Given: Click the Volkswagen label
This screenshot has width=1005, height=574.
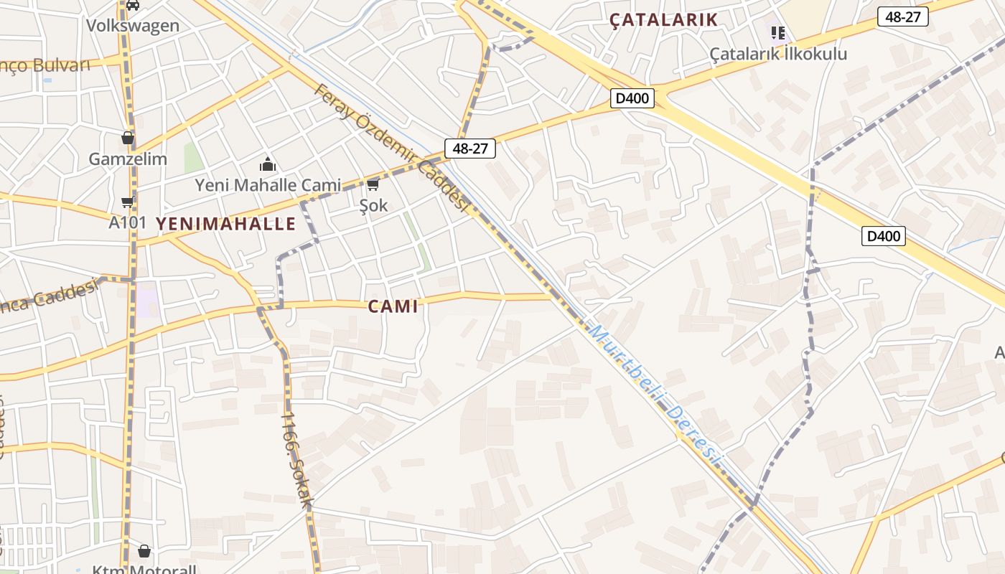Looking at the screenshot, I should (133, 26).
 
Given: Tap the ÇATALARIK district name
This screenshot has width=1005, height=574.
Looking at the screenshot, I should (663, 20).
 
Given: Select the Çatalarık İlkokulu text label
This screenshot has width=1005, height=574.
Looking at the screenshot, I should (778, 54).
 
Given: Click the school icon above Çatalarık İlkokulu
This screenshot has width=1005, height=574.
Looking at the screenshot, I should (778, 32).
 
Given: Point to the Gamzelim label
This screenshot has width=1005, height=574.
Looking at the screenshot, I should (128, 159).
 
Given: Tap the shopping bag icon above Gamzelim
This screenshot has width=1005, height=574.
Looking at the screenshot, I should (128, 138).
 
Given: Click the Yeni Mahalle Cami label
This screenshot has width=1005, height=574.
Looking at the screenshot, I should (268, 185).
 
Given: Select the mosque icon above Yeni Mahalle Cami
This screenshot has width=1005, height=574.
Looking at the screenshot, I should (268, 164).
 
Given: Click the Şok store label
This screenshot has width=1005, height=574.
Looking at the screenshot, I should (373, 205).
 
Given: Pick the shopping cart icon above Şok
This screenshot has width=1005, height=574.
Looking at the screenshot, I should (373, 185).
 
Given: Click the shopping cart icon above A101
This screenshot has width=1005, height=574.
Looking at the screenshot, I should (128, 202).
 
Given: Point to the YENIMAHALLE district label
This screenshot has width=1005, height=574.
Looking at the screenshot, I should (225, 224).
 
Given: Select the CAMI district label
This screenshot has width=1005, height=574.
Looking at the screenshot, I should (393, 306).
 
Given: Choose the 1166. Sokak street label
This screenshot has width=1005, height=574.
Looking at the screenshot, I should (296, 460).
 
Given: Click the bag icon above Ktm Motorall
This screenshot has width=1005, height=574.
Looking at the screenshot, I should (144, 551).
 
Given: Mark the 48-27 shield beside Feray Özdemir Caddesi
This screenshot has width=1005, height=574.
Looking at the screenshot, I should (470, 149).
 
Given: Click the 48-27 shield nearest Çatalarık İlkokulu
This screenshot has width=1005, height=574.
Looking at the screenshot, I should (902, 17).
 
